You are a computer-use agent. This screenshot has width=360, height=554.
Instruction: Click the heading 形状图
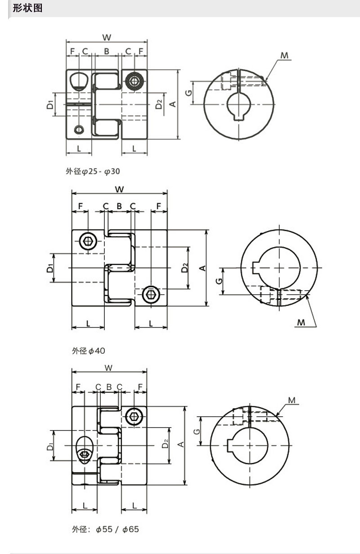[27, 8]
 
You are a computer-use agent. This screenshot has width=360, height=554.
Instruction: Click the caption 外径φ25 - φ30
[93, 171]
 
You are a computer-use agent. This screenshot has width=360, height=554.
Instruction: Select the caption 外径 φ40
[88, 351]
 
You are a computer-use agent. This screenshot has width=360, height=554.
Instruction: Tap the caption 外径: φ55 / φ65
[105, 529]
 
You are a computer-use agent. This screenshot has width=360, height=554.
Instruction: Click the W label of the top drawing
[107, 37]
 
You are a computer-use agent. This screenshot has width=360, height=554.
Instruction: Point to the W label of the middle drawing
[119, 189]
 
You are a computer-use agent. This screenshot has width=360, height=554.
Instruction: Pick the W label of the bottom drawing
[108, 368]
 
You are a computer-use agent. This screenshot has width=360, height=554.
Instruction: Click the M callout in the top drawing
[284, 55]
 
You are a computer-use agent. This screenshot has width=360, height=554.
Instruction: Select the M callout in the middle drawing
[301, 322]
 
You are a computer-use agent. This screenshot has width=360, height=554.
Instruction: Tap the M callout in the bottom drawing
[292, 400]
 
